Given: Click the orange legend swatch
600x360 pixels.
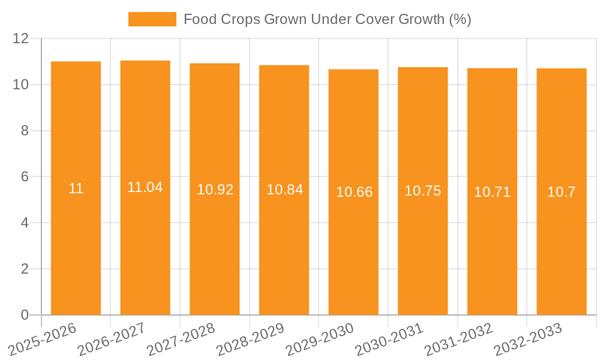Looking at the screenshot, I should click(x=152, y=19).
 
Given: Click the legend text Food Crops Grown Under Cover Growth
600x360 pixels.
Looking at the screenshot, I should click(x=327, y=19).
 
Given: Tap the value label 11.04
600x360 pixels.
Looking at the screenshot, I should click(x=145, y=187).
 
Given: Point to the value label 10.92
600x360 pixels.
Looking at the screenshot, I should click(x=215, y=190).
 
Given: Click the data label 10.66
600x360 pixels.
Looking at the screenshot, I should click(x=354, y=192).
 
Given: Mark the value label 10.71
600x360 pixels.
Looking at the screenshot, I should click(x=492, y=192).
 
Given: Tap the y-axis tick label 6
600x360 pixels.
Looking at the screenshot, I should click(x=25, y=177).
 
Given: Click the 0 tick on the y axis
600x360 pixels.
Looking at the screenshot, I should click(x=25, y=315).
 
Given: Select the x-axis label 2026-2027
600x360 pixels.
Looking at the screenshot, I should click(x=112, y=340).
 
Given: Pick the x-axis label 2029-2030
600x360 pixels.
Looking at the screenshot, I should click(x=320, y=340).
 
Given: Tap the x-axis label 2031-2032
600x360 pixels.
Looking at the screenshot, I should click(x=458, y=340).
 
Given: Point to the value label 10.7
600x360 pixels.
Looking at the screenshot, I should click(x=562, y=192).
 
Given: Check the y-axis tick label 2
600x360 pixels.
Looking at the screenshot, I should click(x=25, y=269).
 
